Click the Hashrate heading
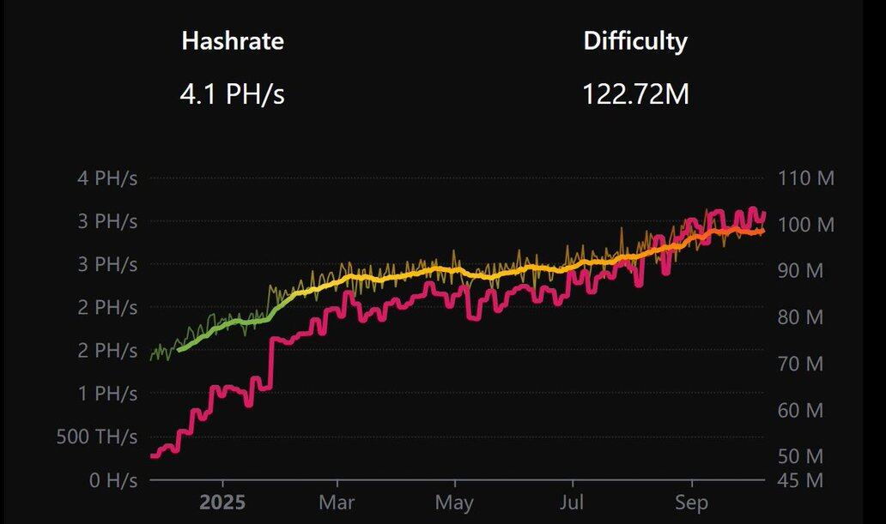(232, 40)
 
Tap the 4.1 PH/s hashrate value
(232, 93)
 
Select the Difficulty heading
(635, 40)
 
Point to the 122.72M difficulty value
(635, 93)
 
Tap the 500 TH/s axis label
(96, 437)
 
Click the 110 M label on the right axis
(806, 179)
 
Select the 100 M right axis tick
(806, 225)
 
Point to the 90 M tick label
(801, 271)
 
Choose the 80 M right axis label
(801, 317)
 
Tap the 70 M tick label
(801, 364)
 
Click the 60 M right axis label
(801, 410)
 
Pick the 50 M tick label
(801, 455)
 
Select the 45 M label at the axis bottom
(801, 479)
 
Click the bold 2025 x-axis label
(222, 502)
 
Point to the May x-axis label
(455, 502)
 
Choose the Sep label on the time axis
(691, 502)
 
